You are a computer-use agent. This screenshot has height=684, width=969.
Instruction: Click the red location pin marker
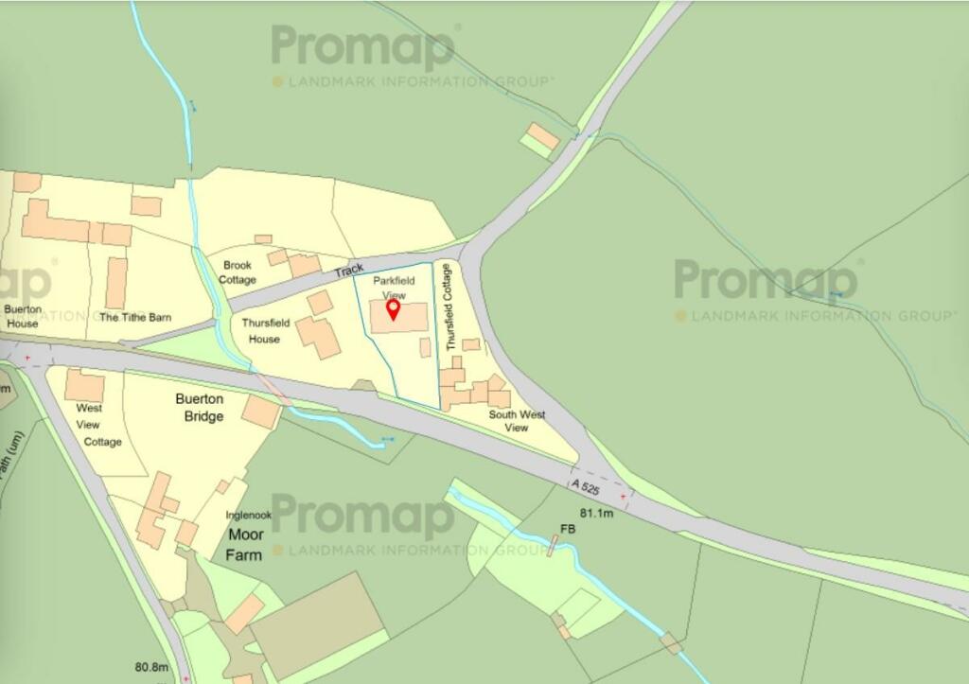[x=395, y=308]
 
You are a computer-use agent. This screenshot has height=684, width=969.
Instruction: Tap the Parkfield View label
[x=394, y=288]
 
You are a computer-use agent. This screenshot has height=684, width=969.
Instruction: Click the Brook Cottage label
[x=237, y=272]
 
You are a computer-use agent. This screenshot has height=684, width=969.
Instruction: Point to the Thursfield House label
[x=260, y=330]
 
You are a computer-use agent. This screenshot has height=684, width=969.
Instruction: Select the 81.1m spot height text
[x=597, y=513]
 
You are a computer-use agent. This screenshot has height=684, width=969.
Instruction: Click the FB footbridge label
[x=568, y=530]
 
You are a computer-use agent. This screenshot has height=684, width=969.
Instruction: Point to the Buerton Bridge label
[x=200, y=408]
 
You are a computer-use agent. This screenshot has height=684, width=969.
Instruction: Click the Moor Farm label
[x=244, y=544]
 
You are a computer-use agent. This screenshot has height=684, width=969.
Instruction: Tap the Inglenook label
[x=248, y=516]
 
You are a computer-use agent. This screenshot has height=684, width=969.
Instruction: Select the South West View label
[x=516, y=421]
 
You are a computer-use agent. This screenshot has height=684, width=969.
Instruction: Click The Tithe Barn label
[x=135, y=317]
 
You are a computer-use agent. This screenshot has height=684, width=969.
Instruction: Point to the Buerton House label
[x=21, y=316]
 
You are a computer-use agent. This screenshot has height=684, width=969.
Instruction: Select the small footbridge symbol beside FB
[x=552, y=545]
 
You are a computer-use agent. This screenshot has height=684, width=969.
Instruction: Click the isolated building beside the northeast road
[x=543, y=138]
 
